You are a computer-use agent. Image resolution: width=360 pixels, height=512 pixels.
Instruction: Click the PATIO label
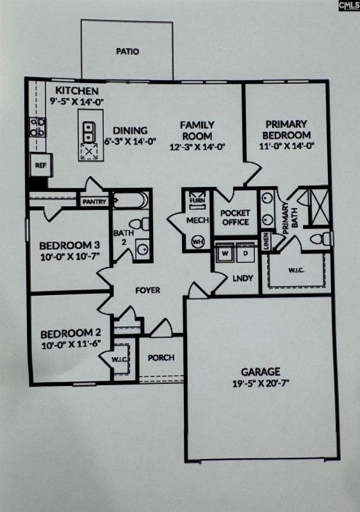coord(127,52)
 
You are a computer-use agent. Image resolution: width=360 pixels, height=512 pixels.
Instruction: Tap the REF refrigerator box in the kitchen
coord(40,165)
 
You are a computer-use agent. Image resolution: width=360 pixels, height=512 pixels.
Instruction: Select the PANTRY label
coord(94,202)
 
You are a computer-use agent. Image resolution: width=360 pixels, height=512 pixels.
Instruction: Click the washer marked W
coord(225,254)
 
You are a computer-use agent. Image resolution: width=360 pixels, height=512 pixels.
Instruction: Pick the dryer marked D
coord(245,254)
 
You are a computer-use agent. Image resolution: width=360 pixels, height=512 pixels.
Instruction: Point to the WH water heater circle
coord(198,243)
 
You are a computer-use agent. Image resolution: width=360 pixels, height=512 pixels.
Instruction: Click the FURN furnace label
coord(196,200)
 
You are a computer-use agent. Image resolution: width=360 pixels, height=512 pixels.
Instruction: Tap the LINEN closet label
coord(265,242)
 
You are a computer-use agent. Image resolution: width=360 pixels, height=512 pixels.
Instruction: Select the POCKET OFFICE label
coord(234,218)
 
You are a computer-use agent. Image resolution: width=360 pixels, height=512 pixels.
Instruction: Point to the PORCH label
coord(161,357)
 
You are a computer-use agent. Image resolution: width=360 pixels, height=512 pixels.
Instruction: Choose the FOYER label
coord(147,290)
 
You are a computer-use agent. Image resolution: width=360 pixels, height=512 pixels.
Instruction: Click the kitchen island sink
coord(88,128)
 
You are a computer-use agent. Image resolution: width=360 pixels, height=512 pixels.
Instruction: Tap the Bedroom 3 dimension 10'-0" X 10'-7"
coord(69,257)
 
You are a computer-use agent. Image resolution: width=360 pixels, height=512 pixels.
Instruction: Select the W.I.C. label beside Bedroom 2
coord(120,359)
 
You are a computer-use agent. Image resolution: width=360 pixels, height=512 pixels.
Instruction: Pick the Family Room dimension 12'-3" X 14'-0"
coord(197,147)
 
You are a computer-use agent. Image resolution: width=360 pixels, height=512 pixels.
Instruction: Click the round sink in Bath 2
coord(142,249)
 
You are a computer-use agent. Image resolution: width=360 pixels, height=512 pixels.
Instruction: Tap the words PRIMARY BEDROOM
coord(286,129)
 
